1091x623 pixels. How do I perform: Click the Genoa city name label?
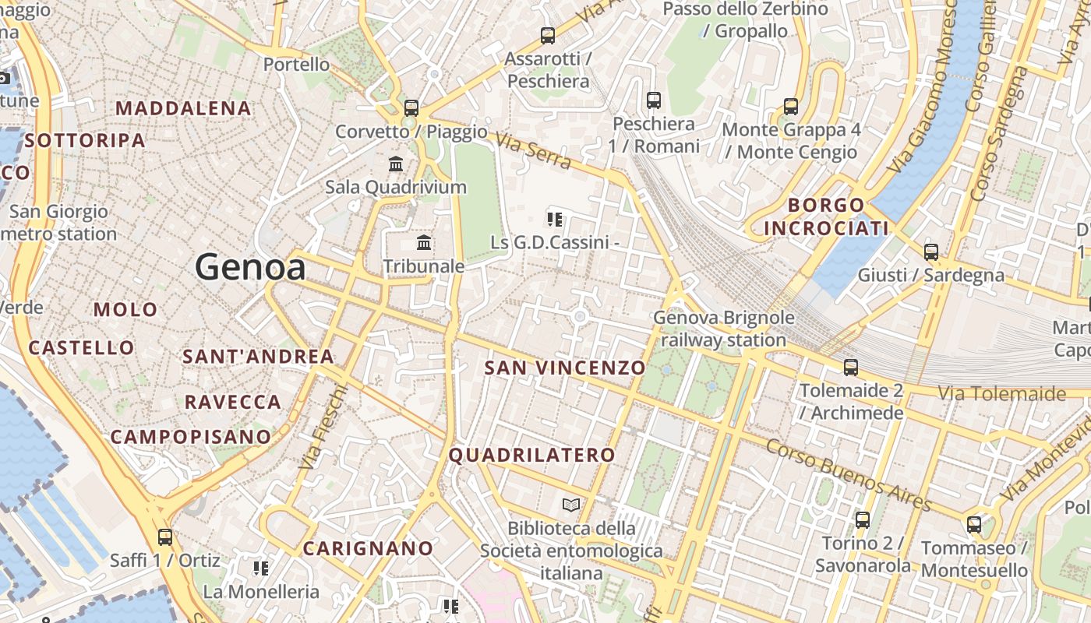click(250, 267)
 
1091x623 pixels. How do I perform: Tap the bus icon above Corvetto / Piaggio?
click(411, 108)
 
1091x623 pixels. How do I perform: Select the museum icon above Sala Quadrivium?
click(396, 164)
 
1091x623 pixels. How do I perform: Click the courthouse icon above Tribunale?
click(424, 243)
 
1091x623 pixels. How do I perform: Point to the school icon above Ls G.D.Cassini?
click(555, 219)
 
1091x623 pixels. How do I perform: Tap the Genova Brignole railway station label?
click(724, 329)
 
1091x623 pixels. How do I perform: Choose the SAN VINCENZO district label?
click(565, 368)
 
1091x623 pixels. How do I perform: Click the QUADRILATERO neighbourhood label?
click(532, 455)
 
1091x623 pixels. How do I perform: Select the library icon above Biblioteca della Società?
click(571, 505)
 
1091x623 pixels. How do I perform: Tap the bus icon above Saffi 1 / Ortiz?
click(165, 537)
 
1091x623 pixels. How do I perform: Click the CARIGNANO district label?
click(368, 548)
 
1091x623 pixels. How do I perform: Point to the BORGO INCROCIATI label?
click(826, 216)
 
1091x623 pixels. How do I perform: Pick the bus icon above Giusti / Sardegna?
click(931, 252)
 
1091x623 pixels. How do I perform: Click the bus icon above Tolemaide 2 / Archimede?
click(851, 367)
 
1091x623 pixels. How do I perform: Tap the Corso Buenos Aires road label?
click(849, 474)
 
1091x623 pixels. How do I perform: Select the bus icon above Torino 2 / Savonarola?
click(863, 519)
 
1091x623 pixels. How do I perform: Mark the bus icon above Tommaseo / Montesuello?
click(974, 524)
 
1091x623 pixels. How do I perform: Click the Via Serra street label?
click(534, 150)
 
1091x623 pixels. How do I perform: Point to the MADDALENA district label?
click(184, 108)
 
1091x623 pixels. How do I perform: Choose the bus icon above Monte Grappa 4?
click(791, 106)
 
